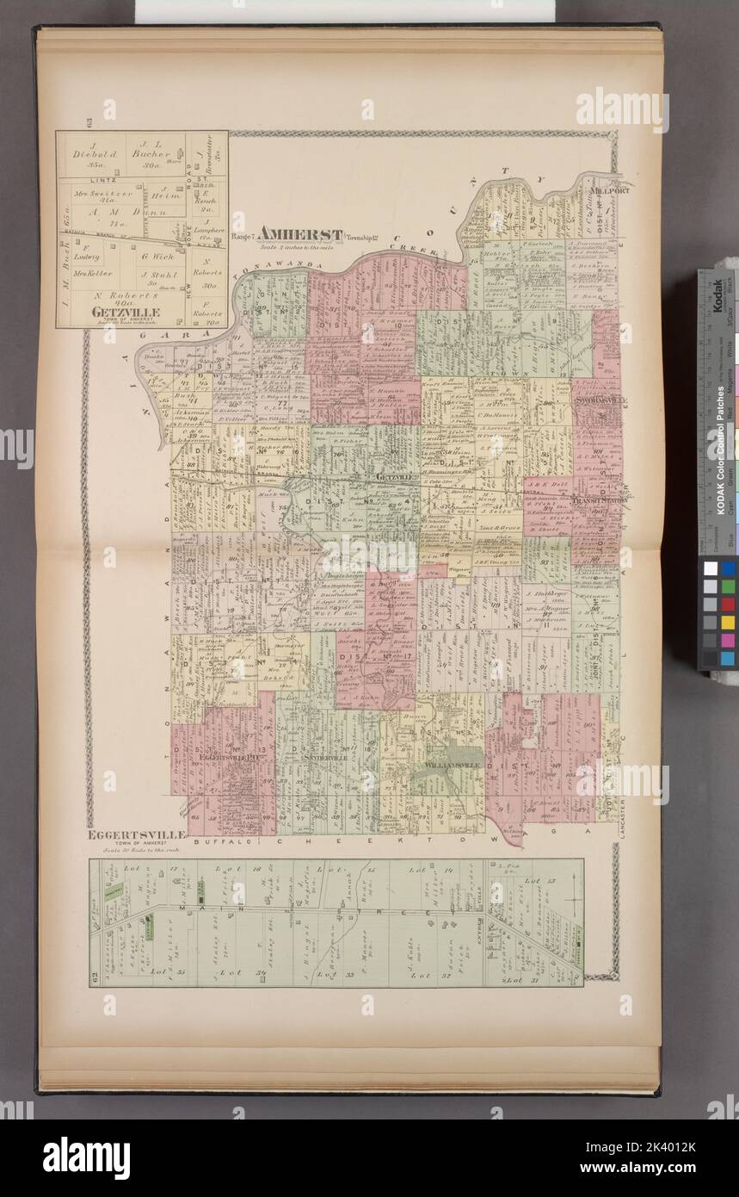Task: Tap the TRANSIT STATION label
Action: point(597,503)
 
